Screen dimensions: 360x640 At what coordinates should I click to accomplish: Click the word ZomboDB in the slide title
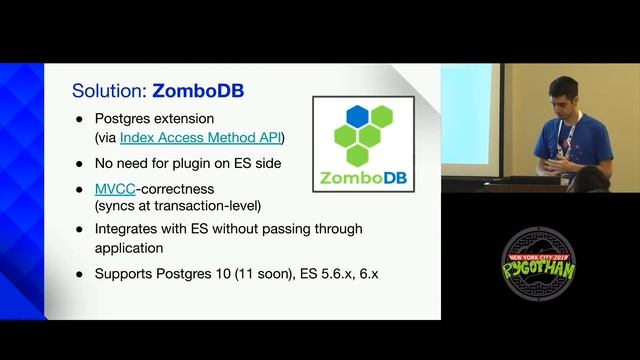(x=198, y=91)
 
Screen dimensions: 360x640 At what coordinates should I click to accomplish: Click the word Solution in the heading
(x=108, y=91)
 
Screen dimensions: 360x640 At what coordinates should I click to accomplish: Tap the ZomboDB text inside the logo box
(x=363, y=180)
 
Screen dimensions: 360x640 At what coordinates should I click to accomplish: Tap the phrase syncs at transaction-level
(x=177, y=205)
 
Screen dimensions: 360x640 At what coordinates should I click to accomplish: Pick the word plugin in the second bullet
(x=196, y=162)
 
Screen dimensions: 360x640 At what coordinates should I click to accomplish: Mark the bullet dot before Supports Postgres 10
(x=80, y=273)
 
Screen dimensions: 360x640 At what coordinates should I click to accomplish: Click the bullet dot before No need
(x=80, y=162)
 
